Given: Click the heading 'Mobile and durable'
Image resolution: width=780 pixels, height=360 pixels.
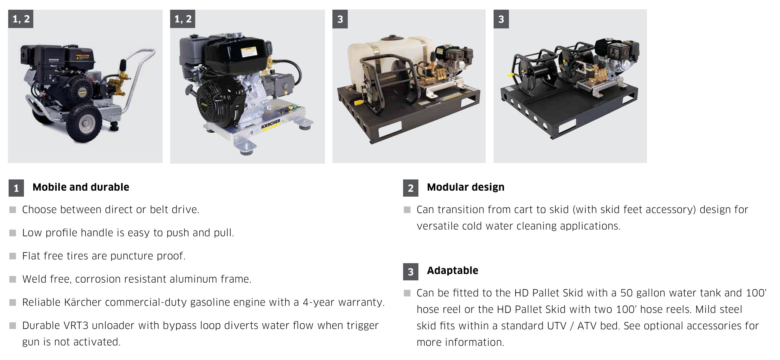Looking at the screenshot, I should point(81,187).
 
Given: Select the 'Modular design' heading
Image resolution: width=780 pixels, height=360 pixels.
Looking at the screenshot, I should point(465,187).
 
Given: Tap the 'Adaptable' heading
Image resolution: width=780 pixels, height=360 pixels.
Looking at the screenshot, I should point(452,270).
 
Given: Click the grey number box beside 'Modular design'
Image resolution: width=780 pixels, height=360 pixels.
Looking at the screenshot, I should point(411,188).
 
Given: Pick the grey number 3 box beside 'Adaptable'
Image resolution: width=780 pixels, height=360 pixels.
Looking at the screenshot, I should point(411,271).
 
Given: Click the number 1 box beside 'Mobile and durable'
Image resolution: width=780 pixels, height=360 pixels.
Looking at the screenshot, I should point(16,188).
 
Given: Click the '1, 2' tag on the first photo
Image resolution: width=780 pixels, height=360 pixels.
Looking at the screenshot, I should point(21,19).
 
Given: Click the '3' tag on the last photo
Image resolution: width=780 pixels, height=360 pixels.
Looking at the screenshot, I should point(501,19).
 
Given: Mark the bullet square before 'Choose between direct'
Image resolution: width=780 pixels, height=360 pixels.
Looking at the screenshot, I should point(13,210).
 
